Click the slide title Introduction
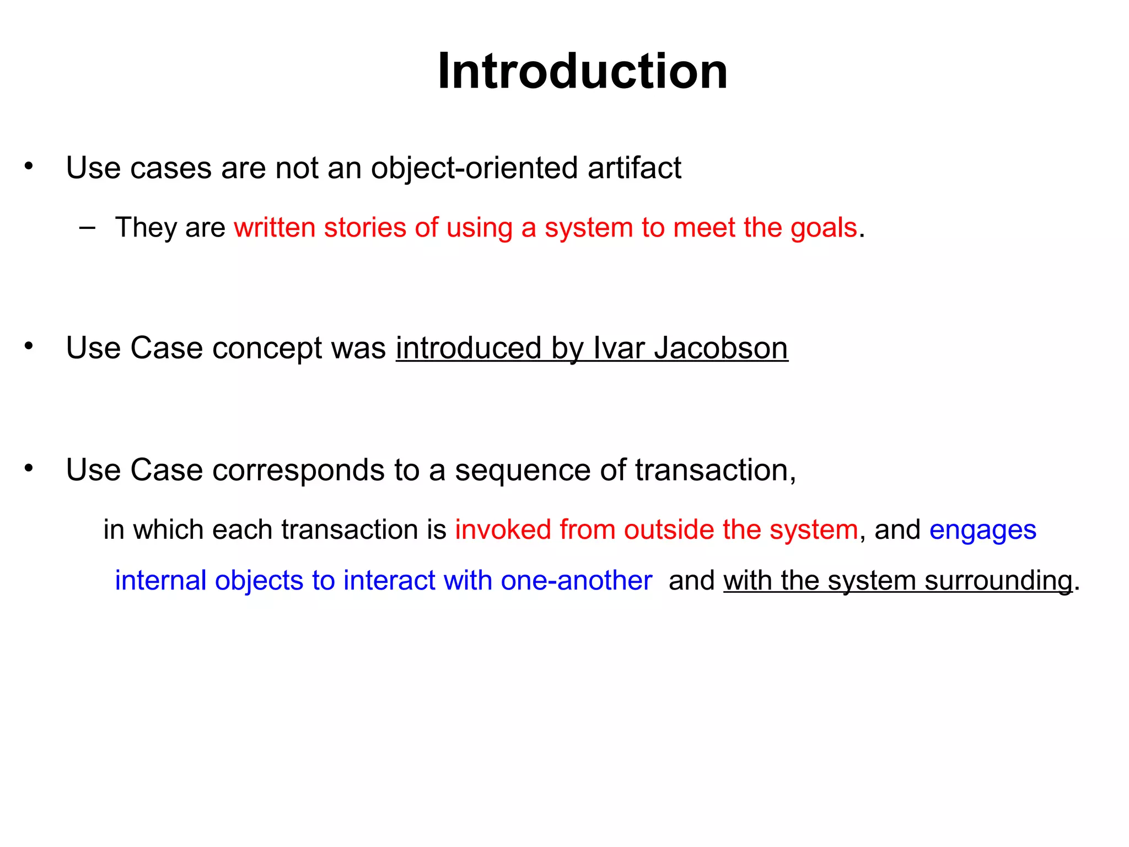point(582,72)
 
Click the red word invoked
point(503,529)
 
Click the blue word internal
point(160,580)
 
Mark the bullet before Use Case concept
point(29,346)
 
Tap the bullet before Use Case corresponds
point(29,468)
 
